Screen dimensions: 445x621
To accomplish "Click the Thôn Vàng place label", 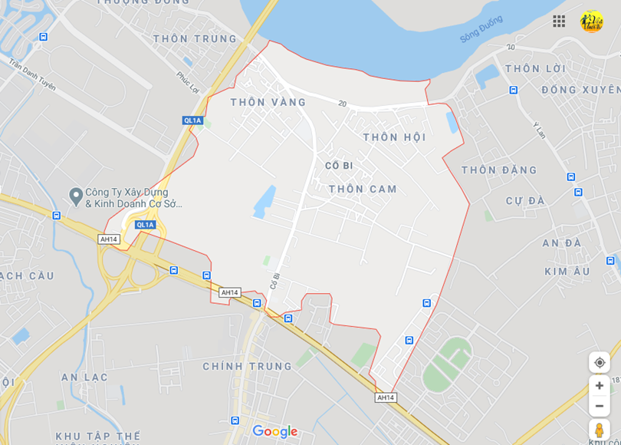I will pos(268,102).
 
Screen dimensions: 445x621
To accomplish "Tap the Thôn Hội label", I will pos(394,137).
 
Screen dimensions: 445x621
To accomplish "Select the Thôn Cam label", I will pos(363,189).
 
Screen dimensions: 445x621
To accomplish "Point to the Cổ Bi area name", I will pos(338,166).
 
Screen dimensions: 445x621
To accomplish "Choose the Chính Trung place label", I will pos(247,367).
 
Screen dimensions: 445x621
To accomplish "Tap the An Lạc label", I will pos(84,377).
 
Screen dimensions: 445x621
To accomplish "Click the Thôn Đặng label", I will pos(499,170).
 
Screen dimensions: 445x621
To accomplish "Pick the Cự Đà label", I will pos(525,201).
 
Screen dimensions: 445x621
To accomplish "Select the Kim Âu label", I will pos(567,272).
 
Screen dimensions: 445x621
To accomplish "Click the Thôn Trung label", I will pos(195,38).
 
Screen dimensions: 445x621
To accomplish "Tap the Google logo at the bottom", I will pos(274,432).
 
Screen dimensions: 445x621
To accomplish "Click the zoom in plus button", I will pos(600,385).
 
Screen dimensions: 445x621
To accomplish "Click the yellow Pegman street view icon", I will pos(600,430).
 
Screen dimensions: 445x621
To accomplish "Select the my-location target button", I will pos(600,362).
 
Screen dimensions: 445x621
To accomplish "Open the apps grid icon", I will pos(559,21).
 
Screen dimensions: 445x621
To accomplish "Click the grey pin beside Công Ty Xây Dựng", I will pos(75,196).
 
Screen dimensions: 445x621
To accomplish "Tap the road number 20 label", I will pos(342,104).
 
